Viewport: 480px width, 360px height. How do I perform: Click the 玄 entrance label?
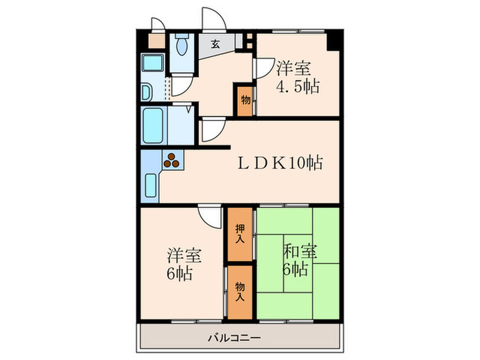(x=215, y=44)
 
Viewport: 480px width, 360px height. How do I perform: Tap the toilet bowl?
(x=182, y=47)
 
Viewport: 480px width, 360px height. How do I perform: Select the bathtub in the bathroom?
(x=153, y=125)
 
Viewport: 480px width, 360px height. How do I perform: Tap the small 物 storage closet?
(x=245, y=100)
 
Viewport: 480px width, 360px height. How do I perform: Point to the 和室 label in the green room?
(x=300, y=252)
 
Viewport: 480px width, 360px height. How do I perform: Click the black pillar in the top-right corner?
(x=334, y=38)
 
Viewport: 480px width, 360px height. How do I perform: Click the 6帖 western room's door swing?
(x=208, y=217)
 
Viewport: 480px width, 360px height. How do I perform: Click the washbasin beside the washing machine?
(x=146, y=92)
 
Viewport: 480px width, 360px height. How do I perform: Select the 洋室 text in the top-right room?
(x=294, y=69)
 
